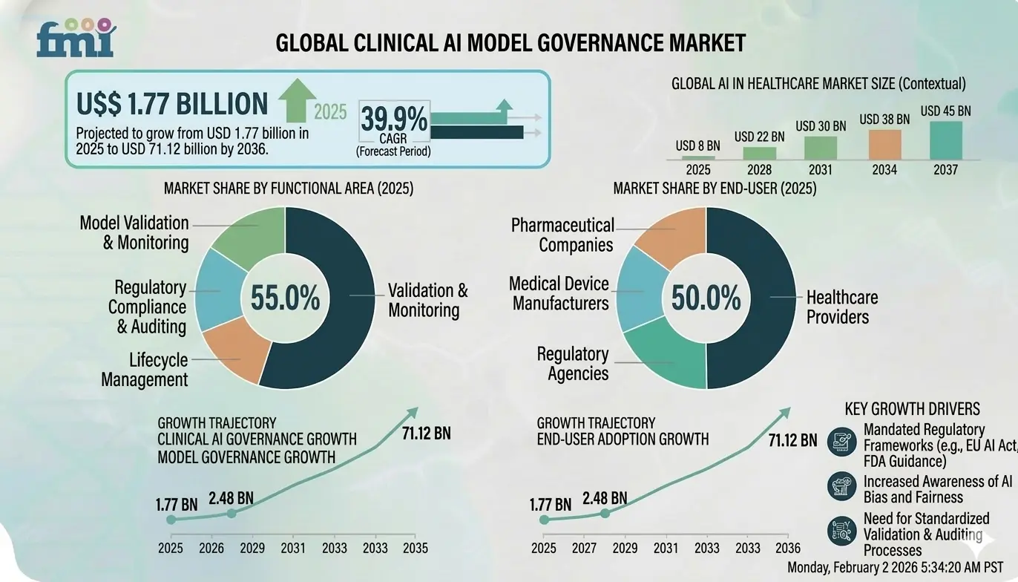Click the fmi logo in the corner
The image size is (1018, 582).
click(76, 39)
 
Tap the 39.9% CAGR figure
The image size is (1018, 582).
click(393, 120)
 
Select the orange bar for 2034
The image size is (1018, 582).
click(884, 144)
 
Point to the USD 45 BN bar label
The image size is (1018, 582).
click(945, 111)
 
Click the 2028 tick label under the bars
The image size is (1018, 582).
click(759, 170)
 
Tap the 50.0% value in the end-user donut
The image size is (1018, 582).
click(706, 298)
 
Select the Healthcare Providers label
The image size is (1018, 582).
click(841, 307)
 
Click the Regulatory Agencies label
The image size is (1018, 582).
click(572, 363)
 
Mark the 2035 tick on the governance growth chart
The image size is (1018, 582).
click(414, 549)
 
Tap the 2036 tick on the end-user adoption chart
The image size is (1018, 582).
click(787, 548)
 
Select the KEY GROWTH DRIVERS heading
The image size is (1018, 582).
click(912, 409)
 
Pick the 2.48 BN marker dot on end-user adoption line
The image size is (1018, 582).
click(605, 513)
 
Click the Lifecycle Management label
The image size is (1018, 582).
click(145, 370)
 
